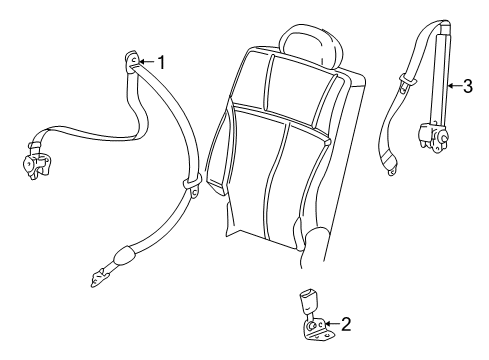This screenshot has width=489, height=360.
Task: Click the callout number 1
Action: (160, 62)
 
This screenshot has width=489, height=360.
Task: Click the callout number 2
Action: (345, 323)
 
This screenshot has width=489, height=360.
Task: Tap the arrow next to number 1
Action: (145, 62)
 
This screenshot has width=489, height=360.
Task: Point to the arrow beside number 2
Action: (330, 323)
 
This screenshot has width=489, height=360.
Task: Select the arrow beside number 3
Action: (453, 86)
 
